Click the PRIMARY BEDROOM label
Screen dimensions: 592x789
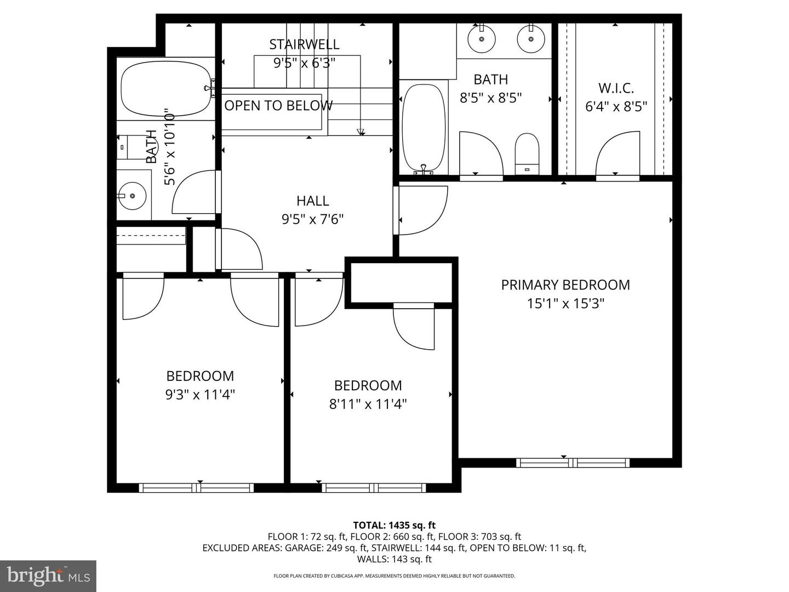point(565,285)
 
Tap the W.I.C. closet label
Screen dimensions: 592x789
point(616,88)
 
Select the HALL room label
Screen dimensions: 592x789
point(312,201)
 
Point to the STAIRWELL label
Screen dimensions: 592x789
point(304,44)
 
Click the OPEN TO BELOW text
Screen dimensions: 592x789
point(278,106)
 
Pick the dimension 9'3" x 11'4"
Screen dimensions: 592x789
point(200,395)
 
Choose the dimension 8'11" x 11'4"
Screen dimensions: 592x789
point(368,404)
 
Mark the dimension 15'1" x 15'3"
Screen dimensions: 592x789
point(565,303)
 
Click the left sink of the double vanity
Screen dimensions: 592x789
point(482,39)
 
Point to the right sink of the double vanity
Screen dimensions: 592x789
point(530,39)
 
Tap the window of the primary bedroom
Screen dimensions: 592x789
point(573,463)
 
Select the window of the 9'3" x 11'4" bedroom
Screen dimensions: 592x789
point(196,487)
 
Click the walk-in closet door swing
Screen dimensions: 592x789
point(618,153)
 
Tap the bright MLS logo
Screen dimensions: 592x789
point(48,576)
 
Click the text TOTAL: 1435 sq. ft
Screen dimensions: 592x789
point(394,525)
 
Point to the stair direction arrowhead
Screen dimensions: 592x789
point(361,132)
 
